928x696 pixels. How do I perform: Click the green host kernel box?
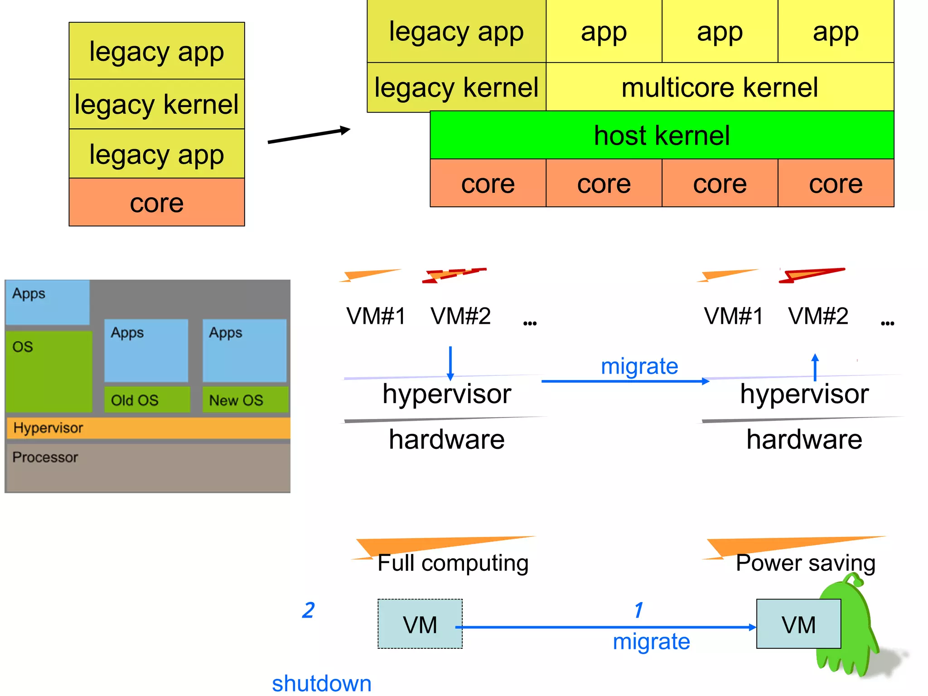(x=662, y=135)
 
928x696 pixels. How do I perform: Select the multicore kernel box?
(x=720, y=87)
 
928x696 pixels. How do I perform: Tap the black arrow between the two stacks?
(x=309, y=135)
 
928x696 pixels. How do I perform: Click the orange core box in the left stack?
(x=157, y=202)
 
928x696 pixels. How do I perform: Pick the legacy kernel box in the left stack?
(x=157, y=104)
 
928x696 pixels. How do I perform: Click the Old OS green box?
(x=147, y=399)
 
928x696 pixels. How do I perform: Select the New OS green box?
(x=245, y=399)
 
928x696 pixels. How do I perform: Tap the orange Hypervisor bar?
(x=148, y=428)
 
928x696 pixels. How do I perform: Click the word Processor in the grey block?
(x=45, y=457)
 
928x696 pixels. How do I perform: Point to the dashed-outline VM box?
(x=420, y=624)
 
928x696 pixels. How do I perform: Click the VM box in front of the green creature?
(x=798, y=624)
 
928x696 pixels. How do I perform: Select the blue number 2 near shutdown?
(x=308, y=610)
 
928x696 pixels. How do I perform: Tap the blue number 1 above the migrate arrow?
(x=638, y=610)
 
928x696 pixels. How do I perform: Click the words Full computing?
(x=453, y=563)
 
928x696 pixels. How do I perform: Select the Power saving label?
(x=805, y=563)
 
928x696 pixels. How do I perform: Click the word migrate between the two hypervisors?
(x=639, y=366)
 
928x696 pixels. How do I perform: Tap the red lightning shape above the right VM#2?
(x=811, y=275)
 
